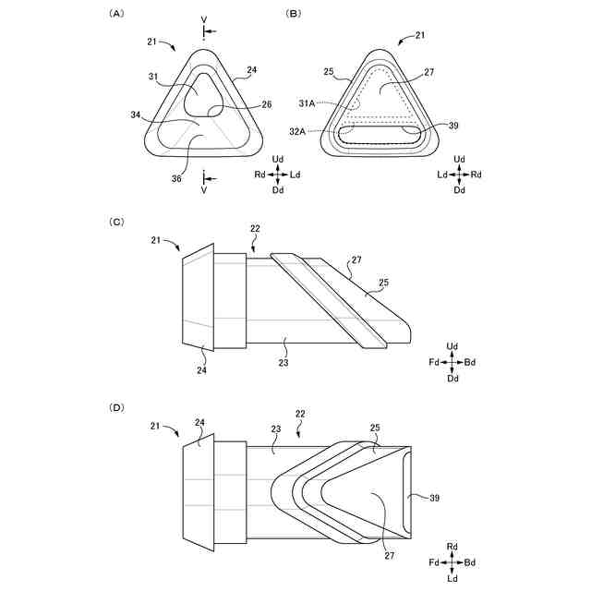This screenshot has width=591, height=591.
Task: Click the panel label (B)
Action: (x=295, y=14)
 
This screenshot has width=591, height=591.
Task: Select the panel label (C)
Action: (x=116, y=222)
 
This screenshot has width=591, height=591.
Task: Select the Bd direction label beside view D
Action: (x=470, y=562)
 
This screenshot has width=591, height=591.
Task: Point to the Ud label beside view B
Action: (x=459, y=159)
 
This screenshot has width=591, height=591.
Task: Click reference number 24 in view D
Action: (x=199, y=422)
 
